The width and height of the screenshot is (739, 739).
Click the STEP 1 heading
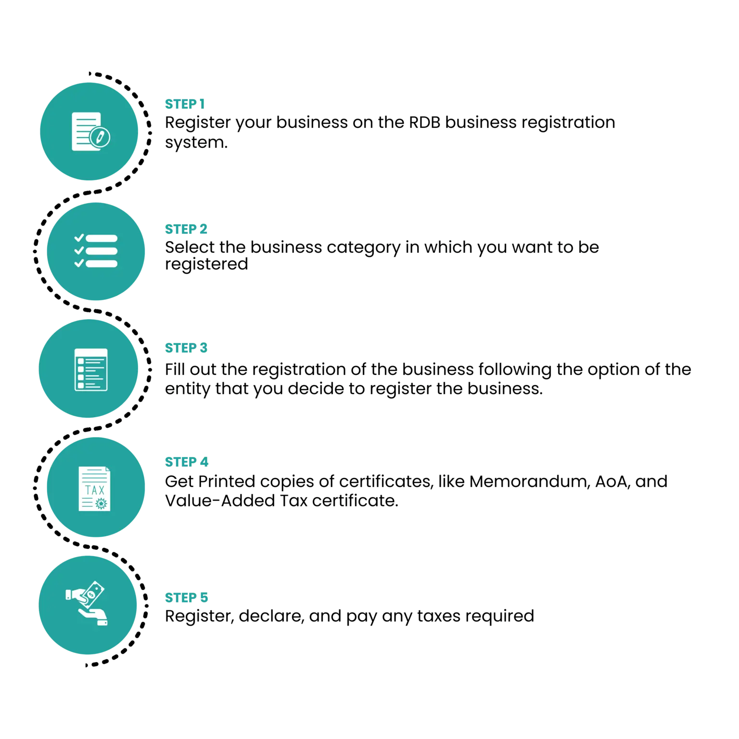point(185,104)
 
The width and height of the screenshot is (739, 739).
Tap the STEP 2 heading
point(186,229)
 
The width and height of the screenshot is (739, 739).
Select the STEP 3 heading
point(186,348)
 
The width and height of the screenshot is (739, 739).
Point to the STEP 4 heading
point(187,462)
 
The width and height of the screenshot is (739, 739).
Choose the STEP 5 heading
point(187,598)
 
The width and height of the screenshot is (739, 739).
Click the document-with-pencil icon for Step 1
point(91,131)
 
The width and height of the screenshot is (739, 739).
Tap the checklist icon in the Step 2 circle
point(96,251)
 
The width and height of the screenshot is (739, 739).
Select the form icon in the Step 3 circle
point(91,369)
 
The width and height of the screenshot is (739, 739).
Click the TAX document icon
point(94,488)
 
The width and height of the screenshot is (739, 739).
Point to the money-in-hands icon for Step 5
point(87,603)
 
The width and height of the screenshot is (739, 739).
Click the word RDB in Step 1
point(425,123)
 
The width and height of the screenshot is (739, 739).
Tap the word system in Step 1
point(196,143)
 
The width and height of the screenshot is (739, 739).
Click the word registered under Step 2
point(206,265)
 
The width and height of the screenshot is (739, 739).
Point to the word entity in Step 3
point(188,389)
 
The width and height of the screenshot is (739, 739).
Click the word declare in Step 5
point(271,616)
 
